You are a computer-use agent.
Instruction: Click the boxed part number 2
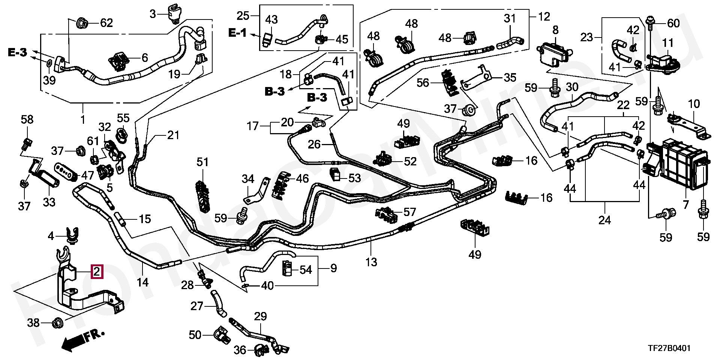[x=97, y=271]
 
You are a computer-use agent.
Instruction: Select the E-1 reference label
[x=237, y=33]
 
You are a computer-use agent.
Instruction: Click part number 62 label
[x=106, y=24]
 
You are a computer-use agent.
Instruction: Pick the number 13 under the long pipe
[x=371, y=262]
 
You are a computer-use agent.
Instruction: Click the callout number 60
[x=673, y=24]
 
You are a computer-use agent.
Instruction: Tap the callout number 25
[x=243, y=16]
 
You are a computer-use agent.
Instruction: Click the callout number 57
[x=410, y=212]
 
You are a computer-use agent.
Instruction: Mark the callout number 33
[x=49, y=202]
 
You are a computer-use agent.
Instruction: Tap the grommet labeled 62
[x=82, y=24]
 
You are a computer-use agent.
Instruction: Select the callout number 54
[x=306, y=270]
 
